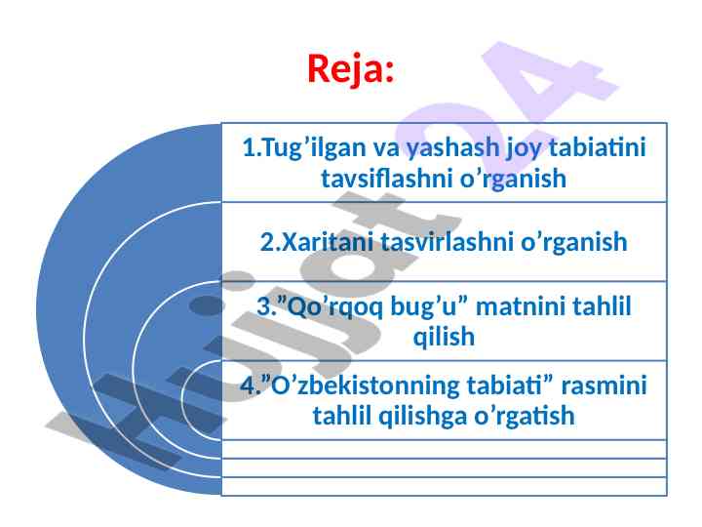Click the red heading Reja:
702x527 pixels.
(351, 69)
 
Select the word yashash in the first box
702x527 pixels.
(452, 148)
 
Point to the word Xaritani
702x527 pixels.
(329, 242)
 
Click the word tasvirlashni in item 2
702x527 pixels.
(448, 242)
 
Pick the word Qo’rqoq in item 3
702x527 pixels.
(334, 307)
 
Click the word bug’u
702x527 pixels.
(423, 307)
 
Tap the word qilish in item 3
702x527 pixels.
(444, 337)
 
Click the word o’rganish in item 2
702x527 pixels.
(573, 243)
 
